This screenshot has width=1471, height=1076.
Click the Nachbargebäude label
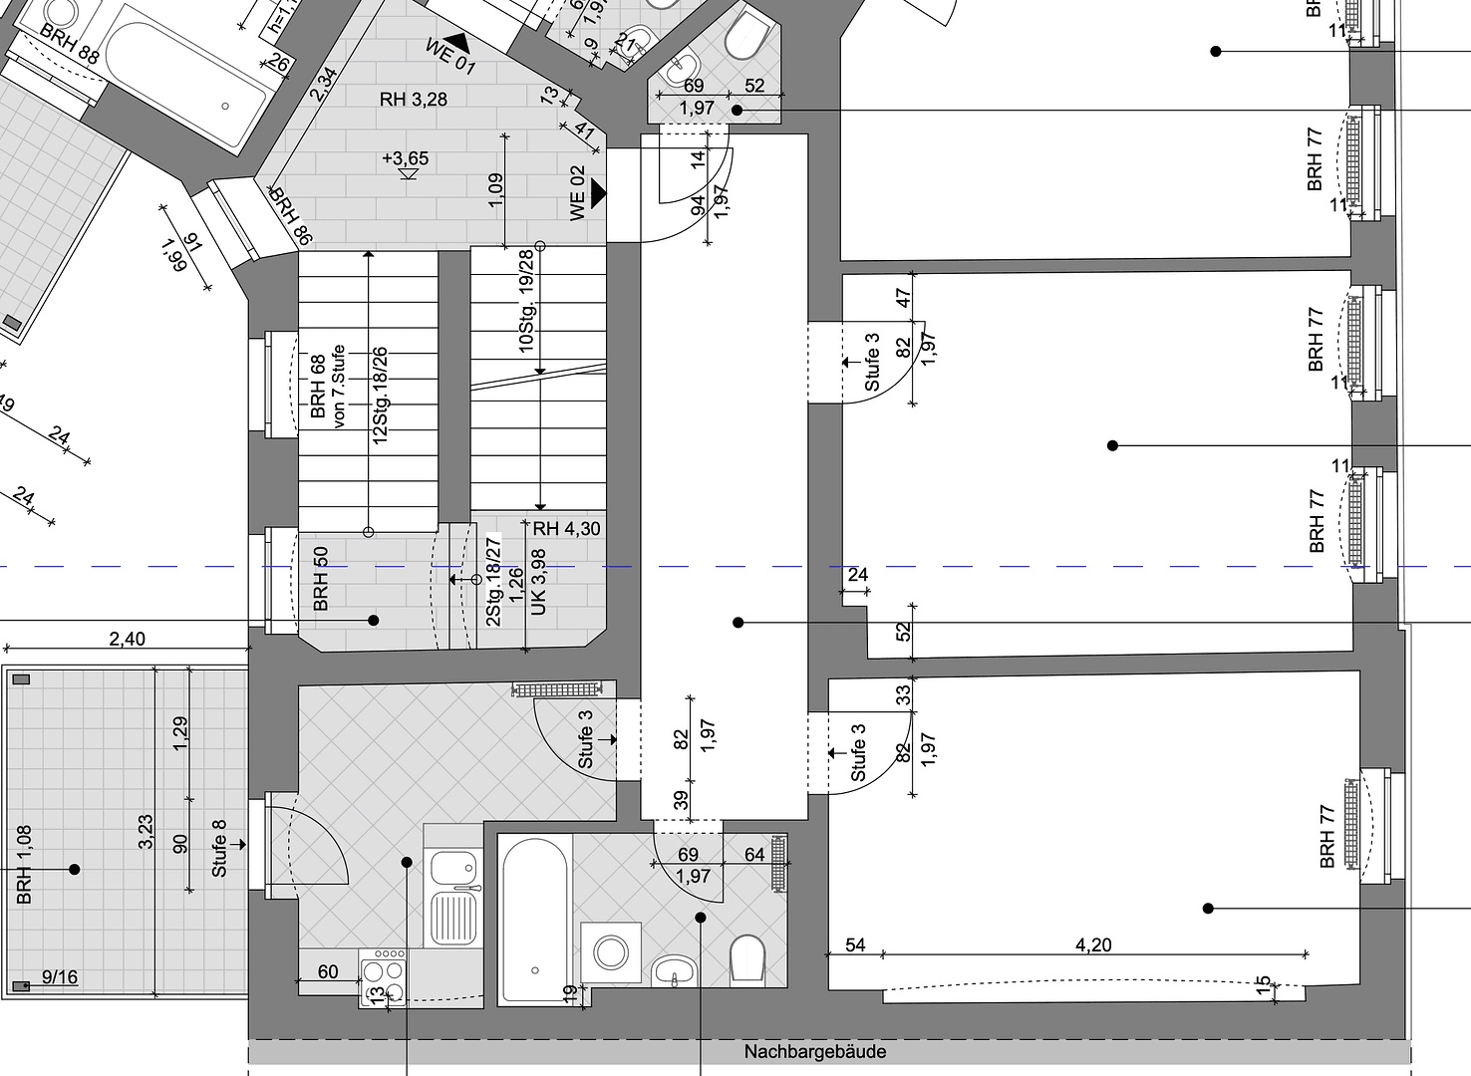tap(814, 1052)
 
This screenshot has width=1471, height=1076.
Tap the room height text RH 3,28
tap(414, 99)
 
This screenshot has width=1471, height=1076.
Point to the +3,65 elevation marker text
tap(405, 158)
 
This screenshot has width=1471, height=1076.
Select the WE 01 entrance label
tap(450, 56)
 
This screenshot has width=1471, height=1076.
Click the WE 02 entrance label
tap(578, 192)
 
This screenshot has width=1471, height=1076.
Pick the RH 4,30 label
tap(566, 529)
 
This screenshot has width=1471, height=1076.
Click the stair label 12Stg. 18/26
tap(380, 396)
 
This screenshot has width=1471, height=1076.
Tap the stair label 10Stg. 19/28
tap(526, 300)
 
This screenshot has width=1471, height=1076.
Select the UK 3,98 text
tap(539, 581)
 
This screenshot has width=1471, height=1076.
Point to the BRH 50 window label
tap(321, 579)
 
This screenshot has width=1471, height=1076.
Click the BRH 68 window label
tap(318, 386)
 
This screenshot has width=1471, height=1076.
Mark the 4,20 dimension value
tap(1093, 944)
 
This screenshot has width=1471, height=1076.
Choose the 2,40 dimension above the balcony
tap(127, 639)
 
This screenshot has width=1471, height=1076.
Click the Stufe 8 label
tap(219, 848)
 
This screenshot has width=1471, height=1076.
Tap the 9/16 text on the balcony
tap(60, 976)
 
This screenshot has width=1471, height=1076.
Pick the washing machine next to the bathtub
tap(611, 951)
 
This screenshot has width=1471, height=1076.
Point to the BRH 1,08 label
tap(24, 864)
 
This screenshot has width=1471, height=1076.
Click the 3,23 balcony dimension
tap(146, 832)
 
